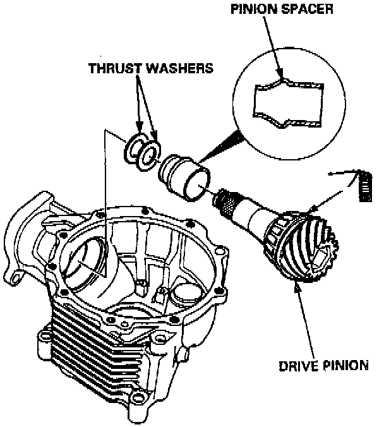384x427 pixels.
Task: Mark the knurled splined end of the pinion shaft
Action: click(227, 201)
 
